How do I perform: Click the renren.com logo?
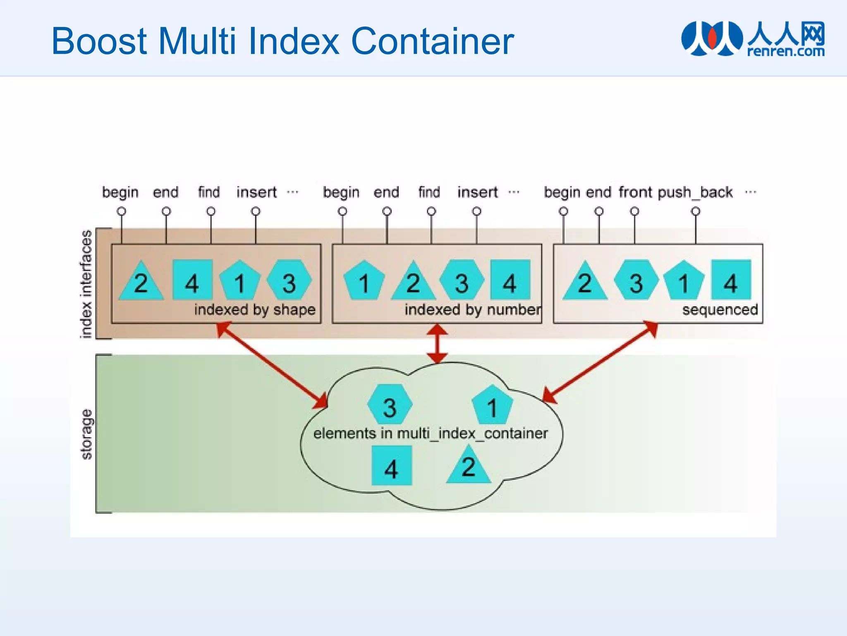(753, 39)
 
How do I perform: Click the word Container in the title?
(432, 41)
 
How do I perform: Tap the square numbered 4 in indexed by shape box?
(192, 280)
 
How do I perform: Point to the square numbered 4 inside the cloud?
(392, 465)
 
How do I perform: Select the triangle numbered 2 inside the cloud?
(468, 466)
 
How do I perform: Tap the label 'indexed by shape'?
(255, 310)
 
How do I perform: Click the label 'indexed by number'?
(472, 310)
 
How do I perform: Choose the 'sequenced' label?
(720, 310)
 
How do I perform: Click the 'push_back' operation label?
(695, 192)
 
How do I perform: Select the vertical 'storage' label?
(86, 434)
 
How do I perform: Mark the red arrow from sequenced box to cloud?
(600, 362)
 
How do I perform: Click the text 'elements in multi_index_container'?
(430, 434)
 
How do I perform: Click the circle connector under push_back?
(696, 212)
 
